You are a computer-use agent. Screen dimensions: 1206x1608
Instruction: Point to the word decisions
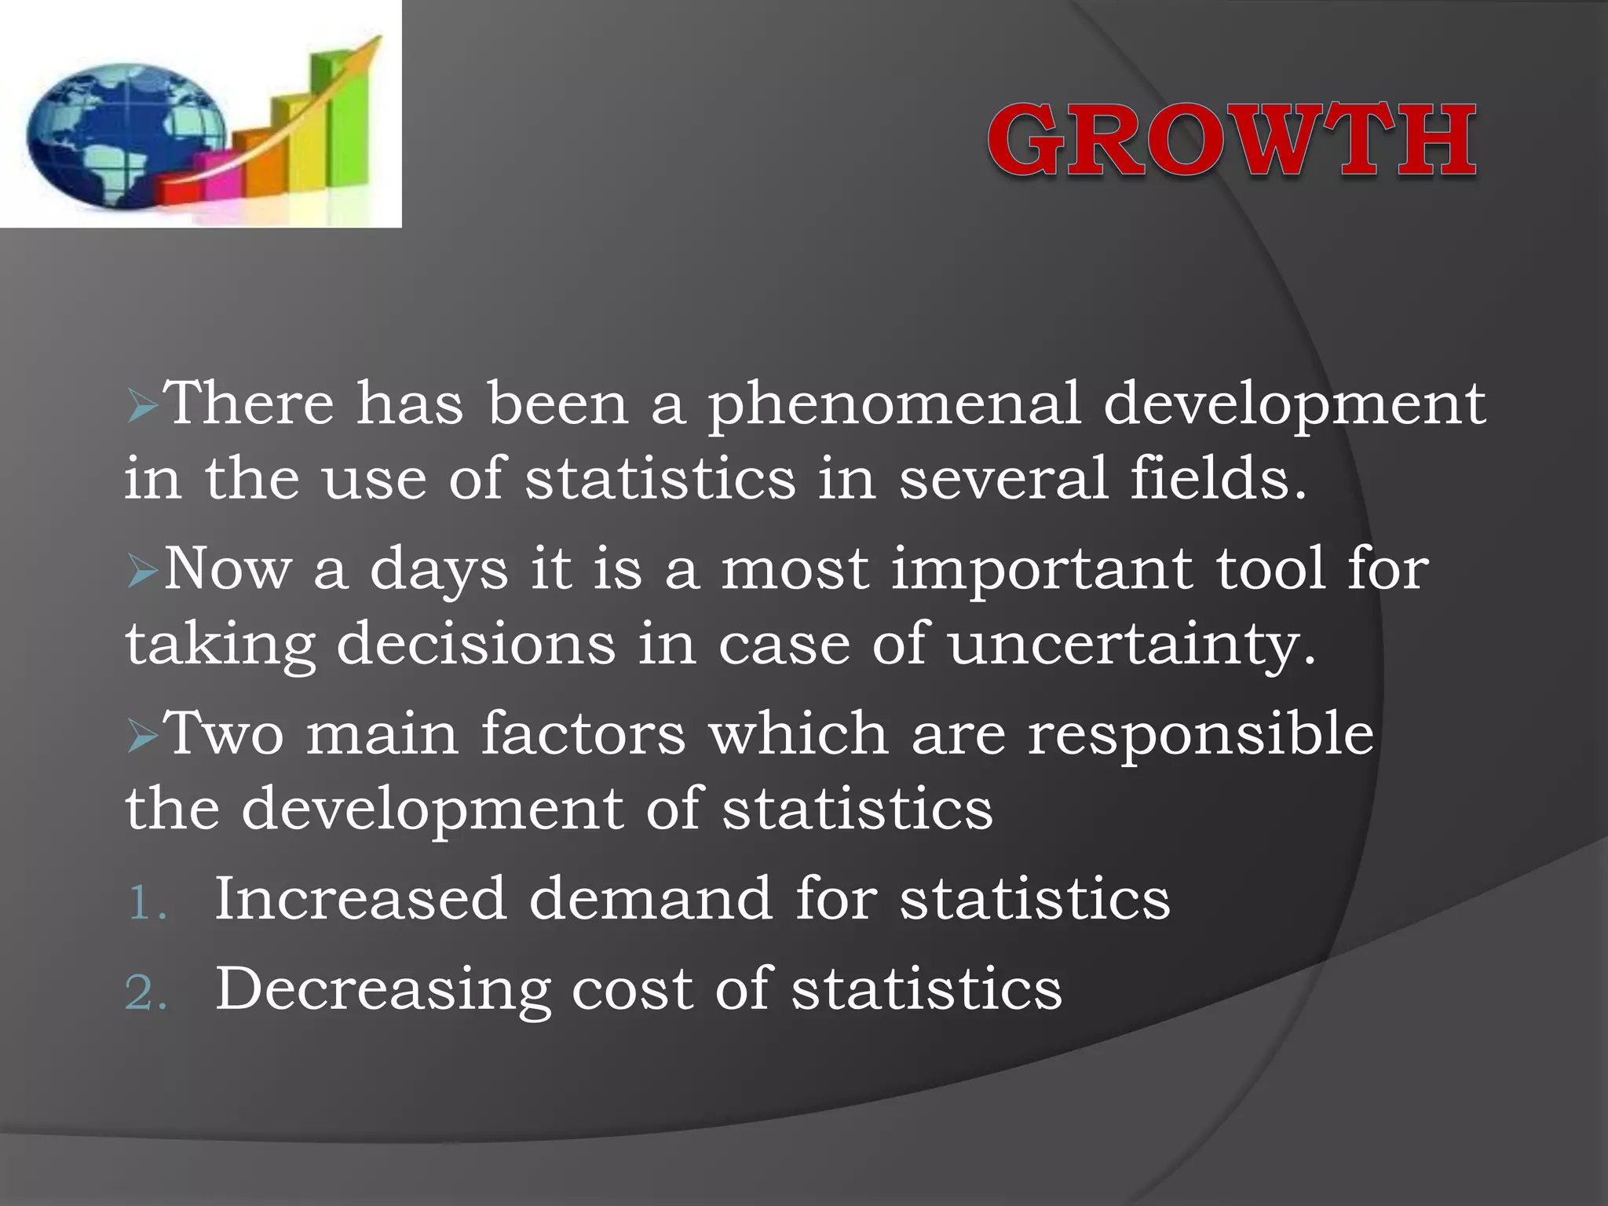tap(476, 644)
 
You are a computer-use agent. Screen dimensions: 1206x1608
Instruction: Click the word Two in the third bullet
tap(225, 733)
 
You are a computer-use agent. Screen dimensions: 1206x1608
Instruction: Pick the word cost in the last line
tap(632, 989)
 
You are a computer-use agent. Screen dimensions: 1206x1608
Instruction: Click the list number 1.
tap(146, 902)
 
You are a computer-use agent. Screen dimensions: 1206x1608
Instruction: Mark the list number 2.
tap(146, 993)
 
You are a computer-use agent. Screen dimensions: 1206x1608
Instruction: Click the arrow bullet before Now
tap(143, 572)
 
